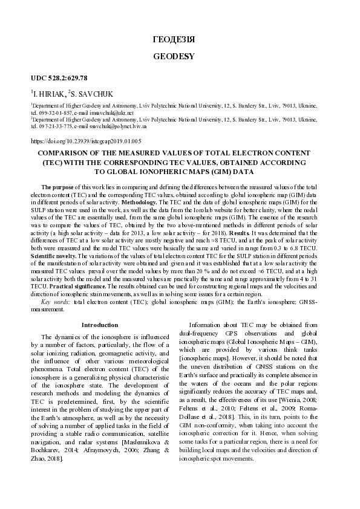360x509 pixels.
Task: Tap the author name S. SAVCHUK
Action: click(x=96, y=94)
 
